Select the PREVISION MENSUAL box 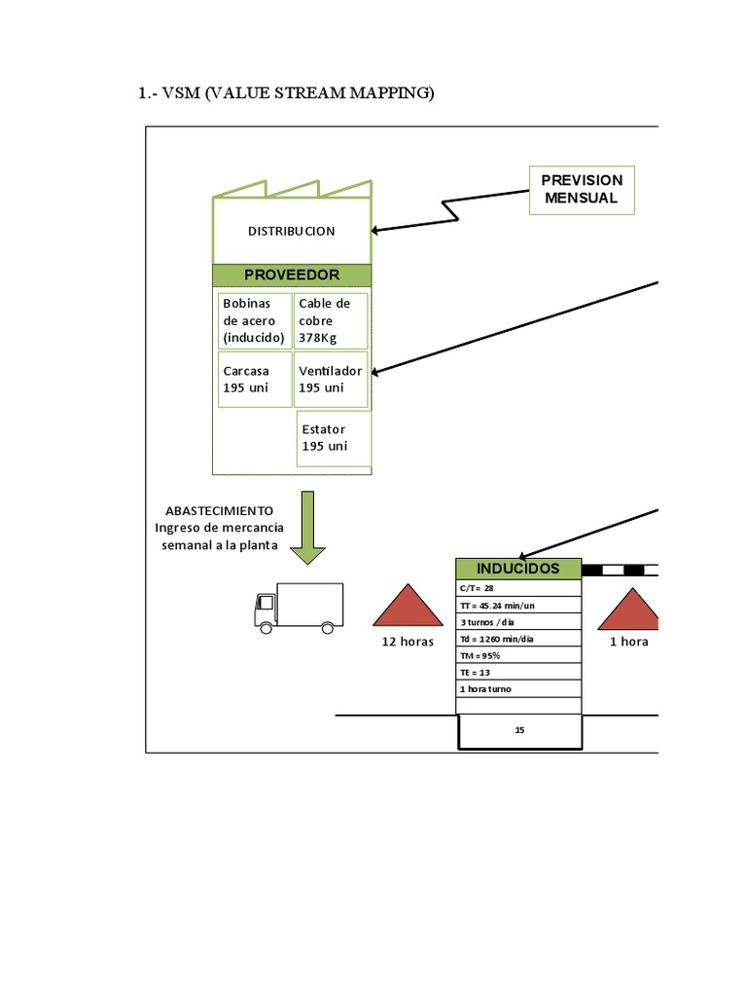pyautogui.click(x=582, y=190)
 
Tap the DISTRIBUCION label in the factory pyautogui.click(x=292, y=231)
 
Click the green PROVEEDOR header pyautogui.click(x=292, y=276)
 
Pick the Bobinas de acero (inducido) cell pyautogui.click(x=254, y=320)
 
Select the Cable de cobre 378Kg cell pyautogui.click(x=331, y=320)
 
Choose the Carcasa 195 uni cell pyautogui.click(x=254, y=379)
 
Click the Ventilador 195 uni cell pyautogui.click(x=331, y=379)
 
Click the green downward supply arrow pyautogui.click(x=308, y=527)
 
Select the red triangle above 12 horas pyautogui.click(x=408, y=606)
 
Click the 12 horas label pyautogui.click(x=408, y=642)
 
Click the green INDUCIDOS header pyautogui.click(x=518, y=569)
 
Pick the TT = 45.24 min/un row pyautogui.click(x=518, y=605)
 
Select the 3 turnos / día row pyautogui.click(x=518, y=621)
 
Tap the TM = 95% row pyautogui.click(x=518, y=655)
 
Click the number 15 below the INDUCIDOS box pyautogui.click(x=519, y=729)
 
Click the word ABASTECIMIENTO pyautogui.click(x=219, y=510)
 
